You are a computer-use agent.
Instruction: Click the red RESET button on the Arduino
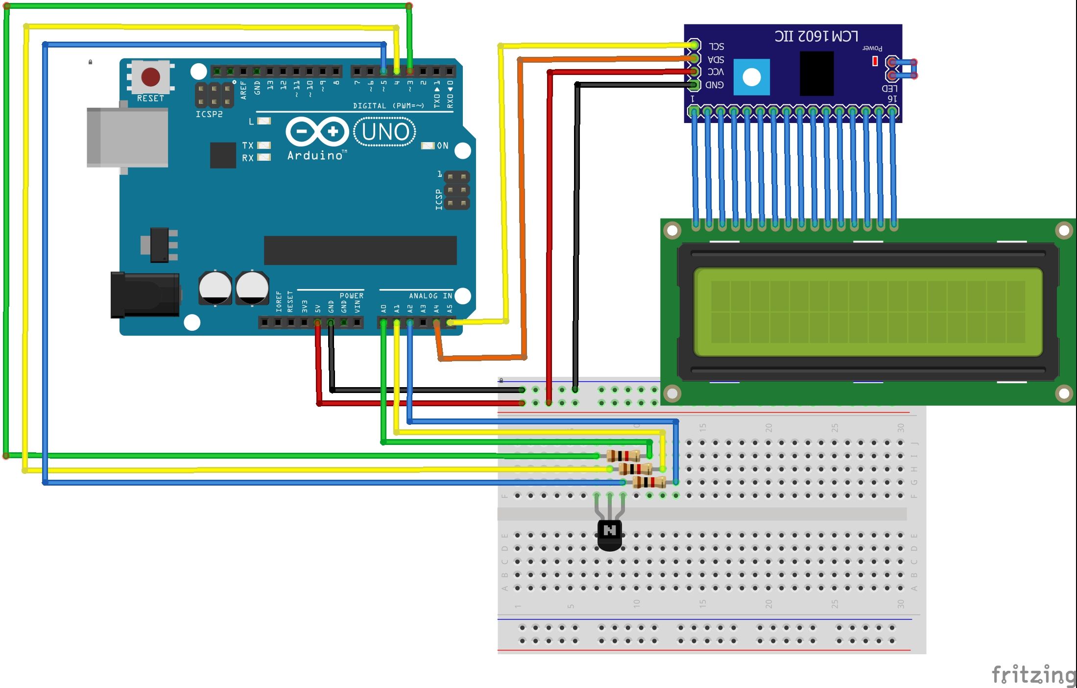(150, 77)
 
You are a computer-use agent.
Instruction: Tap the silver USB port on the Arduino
(127, 138)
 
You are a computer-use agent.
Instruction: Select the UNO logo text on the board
(385, 132)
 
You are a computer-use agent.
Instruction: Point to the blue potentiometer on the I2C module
(752, 77)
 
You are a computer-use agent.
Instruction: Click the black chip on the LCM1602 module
(816, 74)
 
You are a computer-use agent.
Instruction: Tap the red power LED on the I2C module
(875, 61)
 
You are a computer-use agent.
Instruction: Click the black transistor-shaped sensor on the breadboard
(610, 534)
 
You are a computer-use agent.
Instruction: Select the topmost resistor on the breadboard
(623, 456)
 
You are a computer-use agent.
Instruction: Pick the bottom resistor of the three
(649, 482)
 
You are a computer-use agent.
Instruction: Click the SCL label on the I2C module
(716, 47)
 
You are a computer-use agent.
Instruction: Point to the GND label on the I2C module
(715, 85)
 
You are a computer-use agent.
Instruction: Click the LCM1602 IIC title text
(816, 36)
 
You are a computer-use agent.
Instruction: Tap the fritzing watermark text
(1033, 675)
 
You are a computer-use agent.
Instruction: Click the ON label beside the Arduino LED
(442, 146)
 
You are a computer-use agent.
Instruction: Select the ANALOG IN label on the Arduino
(430, 296)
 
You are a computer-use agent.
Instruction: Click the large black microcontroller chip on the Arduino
(360, 250)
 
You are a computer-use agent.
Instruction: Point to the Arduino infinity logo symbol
(317, 131)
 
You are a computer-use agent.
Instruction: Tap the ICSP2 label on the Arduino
(209, 114)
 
